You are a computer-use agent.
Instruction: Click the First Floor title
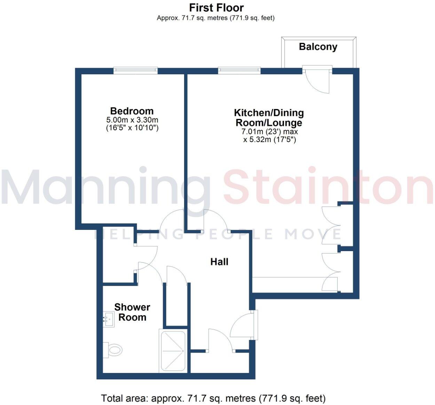pyautogui.click(x=216, y=8)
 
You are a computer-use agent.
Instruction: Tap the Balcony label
pyautogui.click(x=318, y=47)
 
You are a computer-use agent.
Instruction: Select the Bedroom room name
pyautogui.click(x=132, y=111)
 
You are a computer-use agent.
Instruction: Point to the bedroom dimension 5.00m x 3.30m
pyautogui.click(x=132, y=120)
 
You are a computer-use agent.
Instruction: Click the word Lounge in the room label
pyautogui.click(x=284, y=123)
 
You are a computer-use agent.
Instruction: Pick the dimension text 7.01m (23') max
pyautogui.click(x=270, y=132)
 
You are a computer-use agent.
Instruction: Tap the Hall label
pyautogui.click(x=219, y=262)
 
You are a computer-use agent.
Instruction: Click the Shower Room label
pyautogui.click(x=132, y=312)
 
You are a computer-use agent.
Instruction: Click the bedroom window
pyautogui.click(x=136, y=70)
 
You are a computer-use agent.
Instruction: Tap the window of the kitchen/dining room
pyautogui.click(x=239, y=70)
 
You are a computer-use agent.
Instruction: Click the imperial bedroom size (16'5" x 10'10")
pyautogui.click(x=132, y=127)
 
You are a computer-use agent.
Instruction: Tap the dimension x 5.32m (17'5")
pyautogui.click(x=270, y=139)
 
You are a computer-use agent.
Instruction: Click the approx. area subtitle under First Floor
pyautogui.click(x=216, y=18)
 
